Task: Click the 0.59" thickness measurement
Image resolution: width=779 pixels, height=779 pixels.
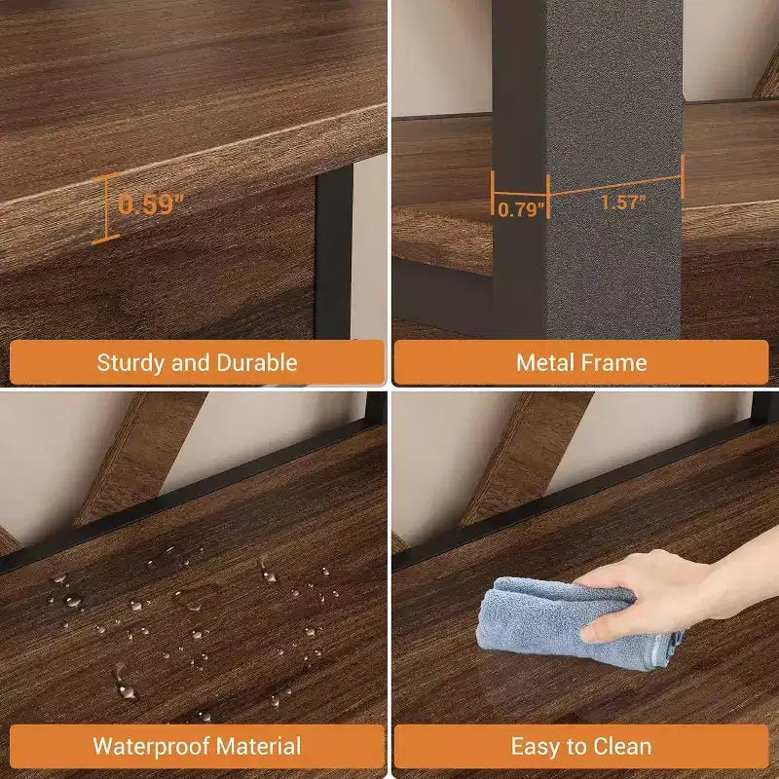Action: point(151,204)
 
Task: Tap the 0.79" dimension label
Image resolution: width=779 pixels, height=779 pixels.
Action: point(521,209)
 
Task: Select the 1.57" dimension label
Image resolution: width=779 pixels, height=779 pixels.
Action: point(623,203)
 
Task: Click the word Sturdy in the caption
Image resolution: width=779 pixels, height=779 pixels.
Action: point(131,363)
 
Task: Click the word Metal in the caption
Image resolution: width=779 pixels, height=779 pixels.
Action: point(545,362)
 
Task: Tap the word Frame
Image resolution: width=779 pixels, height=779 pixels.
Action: point(614,362)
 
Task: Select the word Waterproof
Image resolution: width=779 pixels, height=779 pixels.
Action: point(151,747)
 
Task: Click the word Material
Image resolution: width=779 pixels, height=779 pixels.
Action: point(258,746)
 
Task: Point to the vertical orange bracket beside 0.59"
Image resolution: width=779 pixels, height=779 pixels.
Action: point(106,208)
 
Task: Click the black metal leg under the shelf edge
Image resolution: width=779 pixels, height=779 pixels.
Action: point(334,252)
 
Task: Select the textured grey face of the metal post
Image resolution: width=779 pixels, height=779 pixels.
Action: point(614,168)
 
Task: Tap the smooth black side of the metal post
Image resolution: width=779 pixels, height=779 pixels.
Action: point(519,168)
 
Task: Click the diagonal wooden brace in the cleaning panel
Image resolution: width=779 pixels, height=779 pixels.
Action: point(527,457)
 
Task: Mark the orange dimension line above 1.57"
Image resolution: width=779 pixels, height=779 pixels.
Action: point(615,185)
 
